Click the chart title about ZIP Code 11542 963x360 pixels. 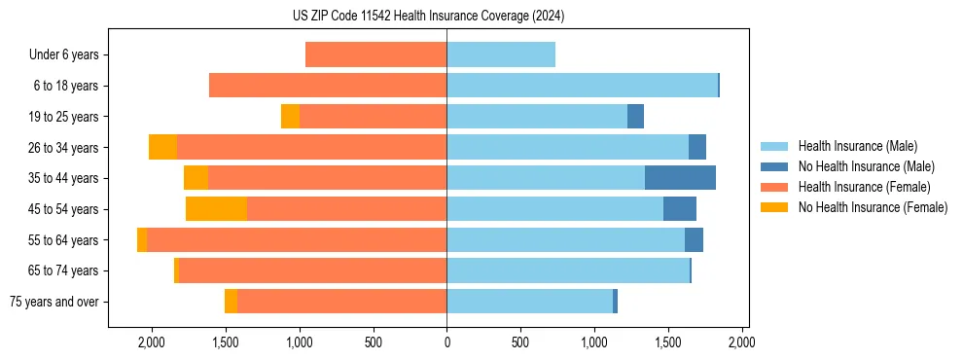pos(428,16)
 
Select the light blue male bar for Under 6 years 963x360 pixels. pos(501,54)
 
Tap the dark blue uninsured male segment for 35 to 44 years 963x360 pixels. pos(680,178)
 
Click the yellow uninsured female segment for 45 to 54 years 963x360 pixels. pos(216,209)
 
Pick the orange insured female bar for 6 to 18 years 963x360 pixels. pos(328,86)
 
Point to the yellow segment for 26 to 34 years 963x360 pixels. pos(162,147)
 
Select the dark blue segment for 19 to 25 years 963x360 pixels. pos(635,117)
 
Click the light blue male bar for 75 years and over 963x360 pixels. pos(529,302)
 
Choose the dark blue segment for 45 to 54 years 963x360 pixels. pos(680,209)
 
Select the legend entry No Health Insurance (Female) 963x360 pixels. pos(873,207)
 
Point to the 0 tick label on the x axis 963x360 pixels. pos(446,342)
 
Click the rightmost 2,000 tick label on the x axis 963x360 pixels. pos(741,342)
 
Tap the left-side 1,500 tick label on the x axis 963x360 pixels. pos(225,342)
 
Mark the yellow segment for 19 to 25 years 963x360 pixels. pos(290,117)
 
